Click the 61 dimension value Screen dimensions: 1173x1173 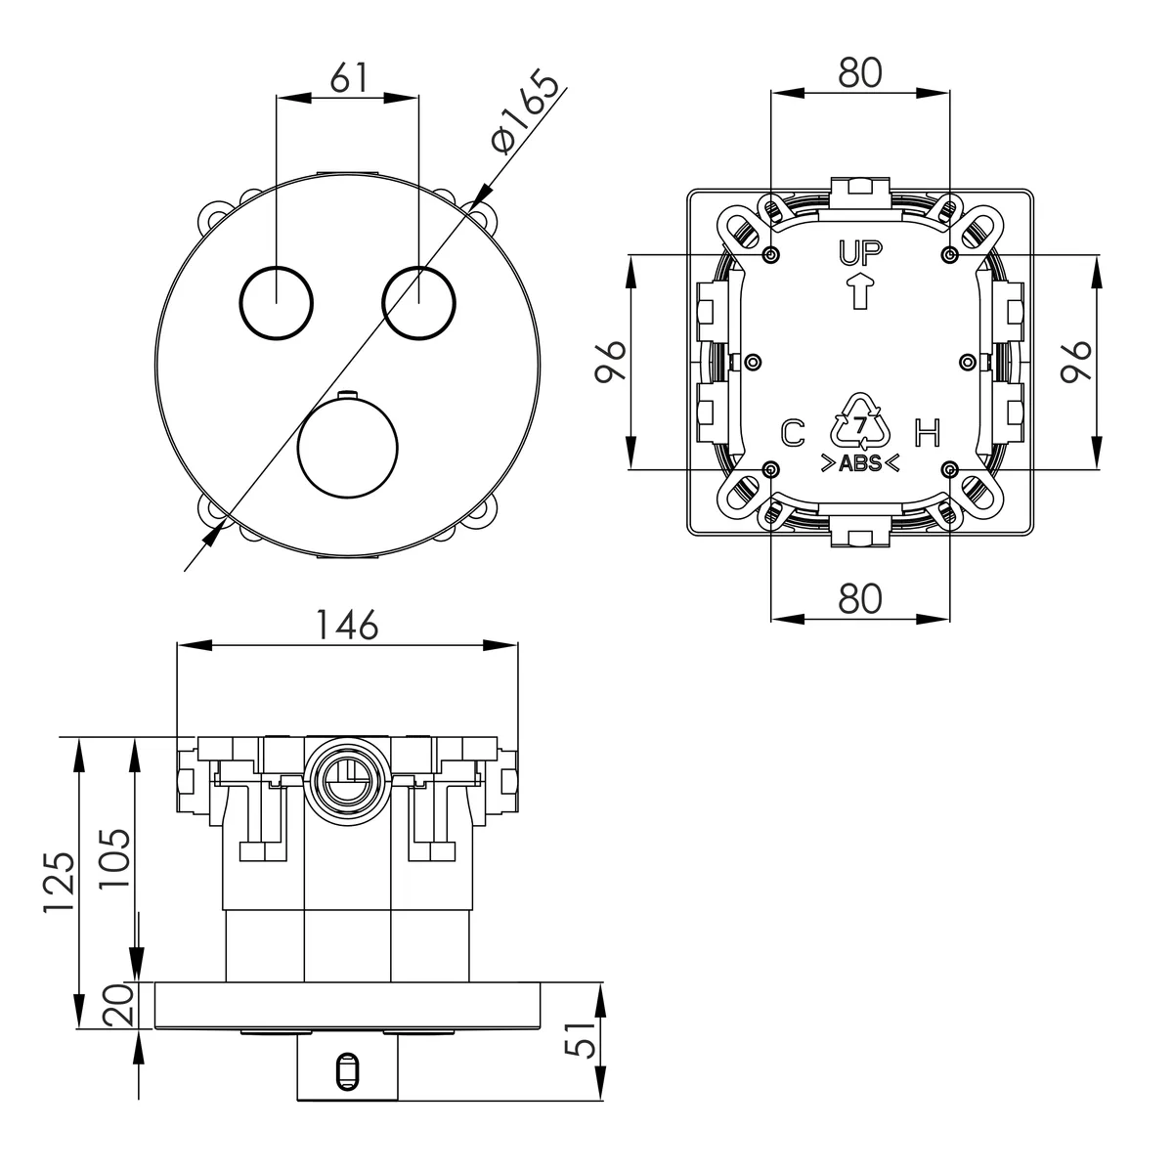tap(350, 77)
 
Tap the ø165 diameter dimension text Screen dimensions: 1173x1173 tap(525, 111)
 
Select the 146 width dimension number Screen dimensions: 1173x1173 tap(348, 625)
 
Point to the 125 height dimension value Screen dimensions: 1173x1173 tap(60, 880)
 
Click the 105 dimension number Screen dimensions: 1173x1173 tap(114, 857)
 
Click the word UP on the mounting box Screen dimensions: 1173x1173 tap(859, 253)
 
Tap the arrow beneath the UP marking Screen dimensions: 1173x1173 tap(859, 291)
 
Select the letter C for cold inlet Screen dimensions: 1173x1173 tap(793, 433)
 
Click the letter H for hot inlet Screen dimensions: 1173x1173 tap(928, 433)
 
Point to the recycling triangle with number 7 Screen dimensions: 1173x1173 tap(860, 419)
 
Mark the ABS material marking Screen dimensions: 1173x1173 tap(859, 463)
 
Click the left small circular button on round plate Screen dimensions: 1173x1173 tap(276, 302)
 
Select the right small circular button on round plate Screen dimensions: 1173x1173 tap(418, 302)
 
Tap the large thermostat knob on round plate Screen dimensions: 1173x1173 tap(348, 447)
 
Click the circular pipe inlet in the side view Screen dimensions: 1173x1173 tap(348, 781)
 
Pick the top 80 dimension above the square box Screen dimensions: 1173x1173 tap(859, 73)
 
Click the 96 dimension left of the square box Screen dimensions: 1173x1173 tap(610, 361)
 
